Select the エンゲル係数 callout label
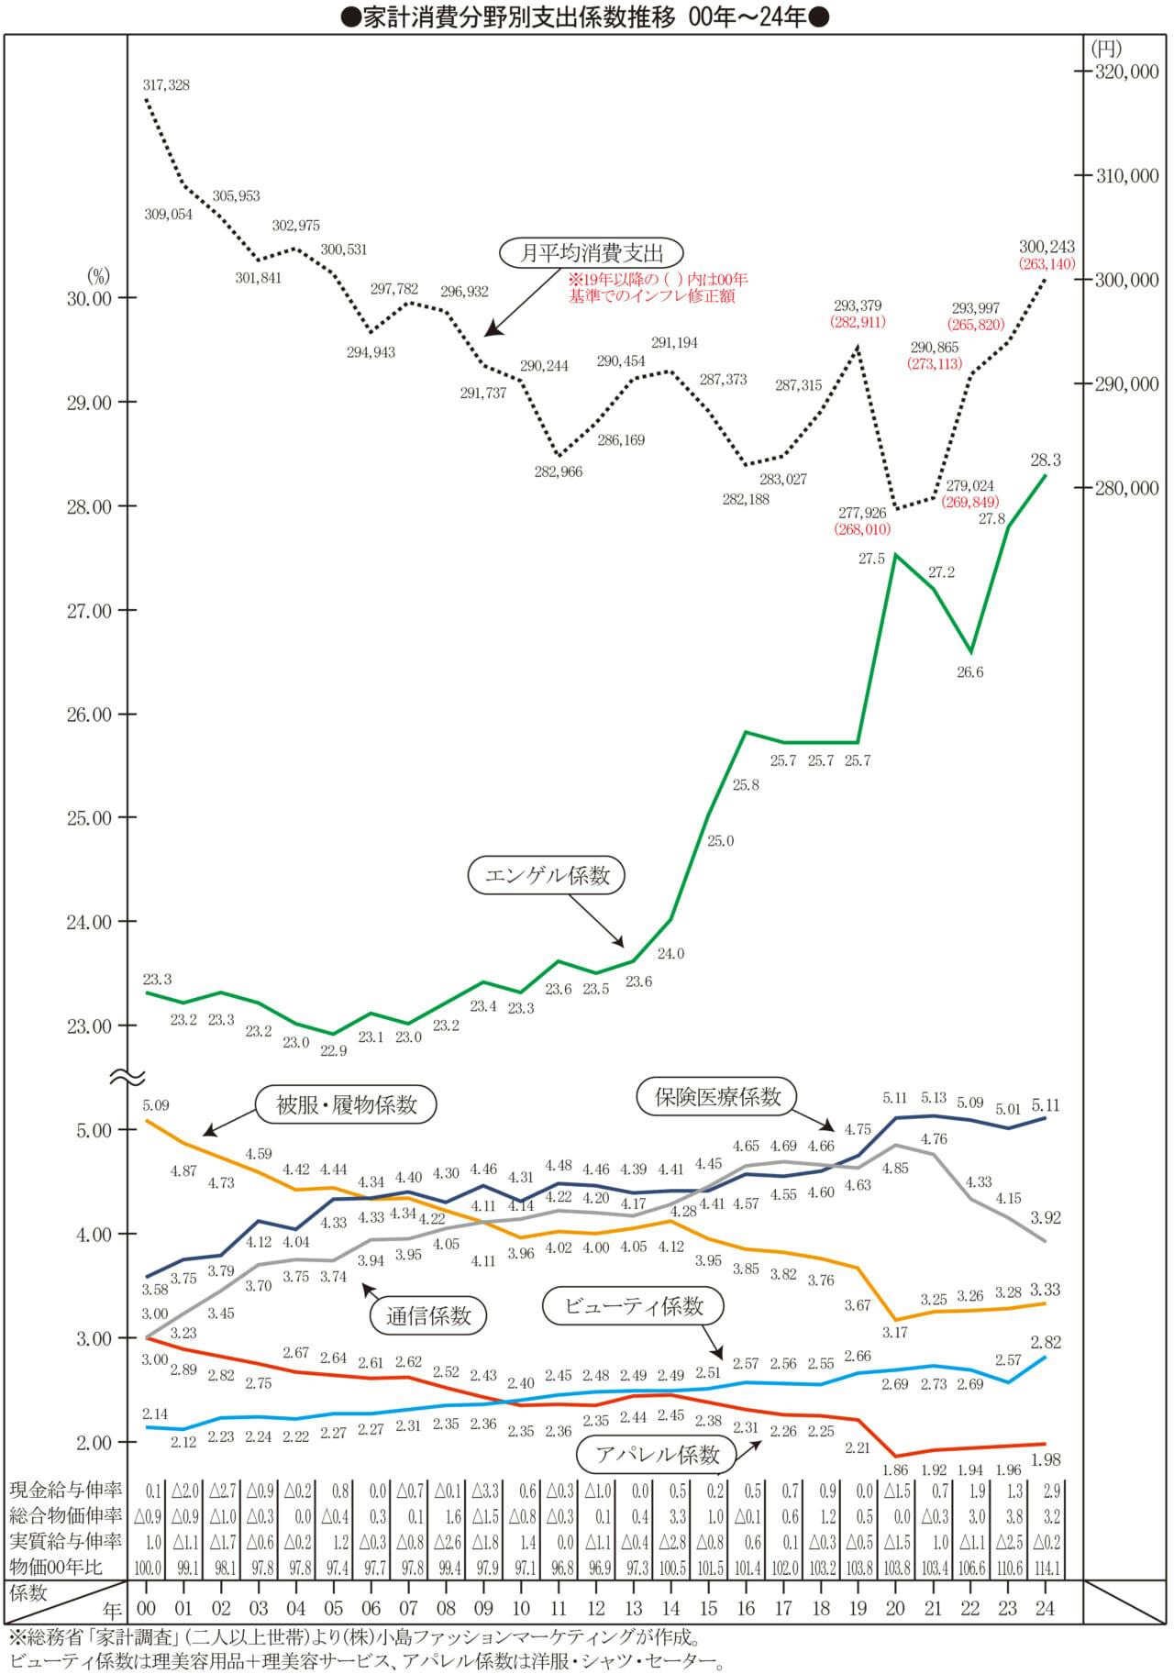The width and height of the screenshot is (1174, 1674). point(547,875)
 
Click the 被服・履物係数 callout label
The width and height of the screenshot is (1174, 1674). point(347,1104)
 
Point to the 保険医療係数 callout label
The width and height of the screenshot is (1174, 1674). point(716,1095)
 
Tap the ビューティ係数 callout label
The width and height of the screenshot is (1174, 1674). point(634,1306)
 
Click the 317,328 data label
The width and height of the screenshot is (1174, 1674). point(166,85)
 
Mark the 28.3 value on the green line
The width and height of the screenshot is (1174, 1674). point(1046,460)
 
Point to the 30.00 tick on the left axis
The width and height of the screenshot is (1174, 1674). point(88,298)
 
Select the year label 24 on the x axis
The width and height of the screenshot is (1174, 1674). point(1046,1608)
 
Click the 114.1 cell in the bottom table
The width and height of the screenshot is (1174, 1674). point(1046,1569)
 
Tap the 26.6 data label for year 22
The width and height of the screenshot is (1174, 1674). point(969,672)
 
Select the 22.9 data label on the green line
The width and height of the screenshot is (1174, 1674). point(333,1051)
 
